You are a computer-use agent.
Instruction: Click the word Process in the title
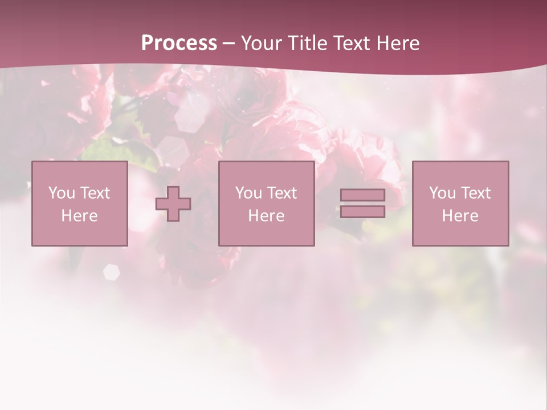pos(179,43)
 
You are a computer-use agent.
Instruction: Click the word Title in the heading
pos(308,43)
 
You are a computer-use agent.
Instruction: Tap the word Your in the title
pos(262,43)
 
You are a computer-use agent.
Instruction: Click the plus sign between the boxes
pos(173,204)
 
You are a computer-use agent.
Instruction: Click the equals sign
pos(362,203)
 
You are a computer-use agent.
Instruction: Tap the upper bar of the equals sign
pos(362,195)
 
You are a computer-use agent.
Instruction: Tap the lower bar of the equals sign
pos(362,211)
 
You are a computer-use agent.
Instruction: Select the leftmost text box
pos(79,203)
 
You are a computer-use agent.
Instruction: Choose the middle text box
pos(266,203)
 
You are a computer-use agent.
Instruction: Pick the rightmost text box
pos(460,203)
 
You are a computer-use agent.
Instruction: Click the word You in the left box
pos(62,193)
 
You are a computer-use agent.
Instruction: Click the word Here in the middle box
pos(266,216)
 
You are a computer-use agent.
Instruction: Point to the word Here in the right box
pos(460,216)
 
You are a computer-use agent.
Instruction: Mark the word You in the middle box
pos(248,193)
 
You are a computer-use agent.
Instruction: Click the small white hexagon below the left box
pos(111,272)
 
